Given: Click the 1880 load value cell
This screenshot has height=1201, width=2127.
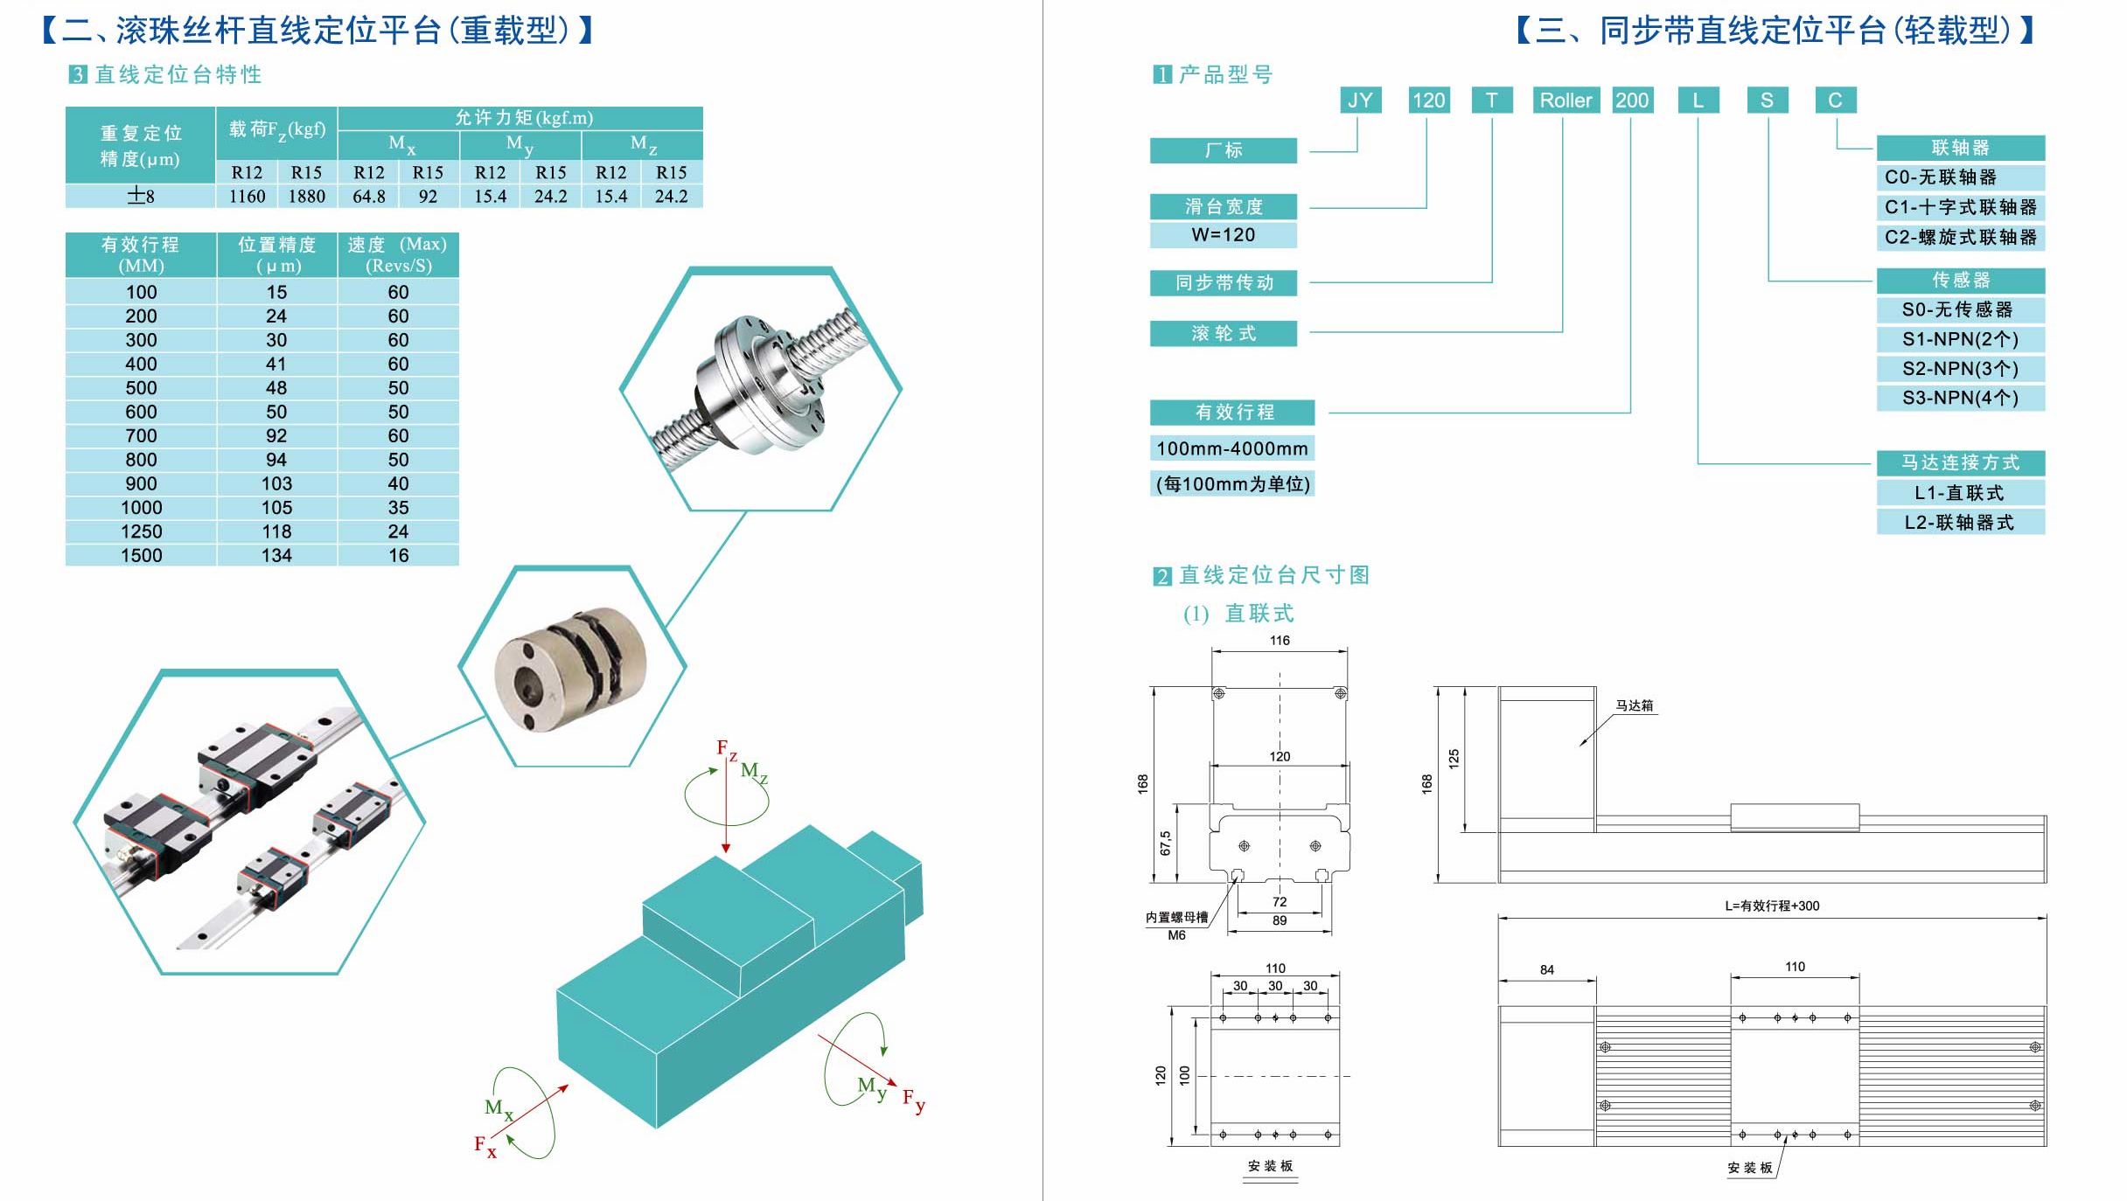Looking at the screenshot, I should click(x=307, y=197).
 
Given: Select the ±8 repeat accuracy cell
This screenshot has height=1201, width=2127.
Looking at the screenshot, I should click(x=141, y=197).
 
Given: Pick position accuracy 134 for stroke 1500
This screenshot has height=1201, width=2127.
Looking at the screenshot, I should click(x=276, y=556).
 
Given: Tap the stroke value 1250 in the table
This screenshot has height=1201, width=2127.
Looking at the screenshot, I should click(x=141, y=531).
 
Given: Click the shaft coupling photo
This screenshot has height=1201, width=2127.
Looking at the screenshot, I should click(x=571, y=667).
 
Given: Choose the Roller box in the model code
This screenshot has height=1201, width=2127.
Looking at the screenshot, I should click(x=1566, y=101).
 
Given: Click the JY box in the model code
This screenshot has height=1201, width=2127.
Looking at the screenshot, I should click(x=1360, y=101).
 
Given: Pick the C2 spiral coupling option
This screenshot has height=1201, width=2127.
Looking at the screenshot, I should click(x=1960, y=238).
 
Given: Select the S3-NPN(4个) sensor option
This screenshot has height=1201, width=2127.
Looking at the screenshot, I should click(x=1960, y=399).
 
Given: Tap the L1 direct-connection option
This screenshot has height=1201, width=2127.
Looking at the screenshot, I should click(x=1960, y=493).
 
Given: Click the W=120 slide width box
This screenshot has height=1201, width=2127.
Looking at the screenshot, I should click(x=1223, y=235).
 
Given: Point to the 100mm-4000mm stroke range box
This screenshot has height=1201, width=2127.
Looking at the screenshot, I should click(x=1231, y=449).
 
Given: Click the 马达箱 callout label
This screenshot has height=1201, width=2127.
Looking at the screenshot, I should click(x=1634, y=706).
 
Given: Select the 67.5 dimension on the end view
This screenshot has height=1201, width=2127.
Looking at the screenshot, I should click(x=1165, y=843).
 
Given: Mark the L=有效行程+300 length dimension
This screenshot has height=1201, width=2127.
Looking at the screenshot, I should click(x=1772, y=906).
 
